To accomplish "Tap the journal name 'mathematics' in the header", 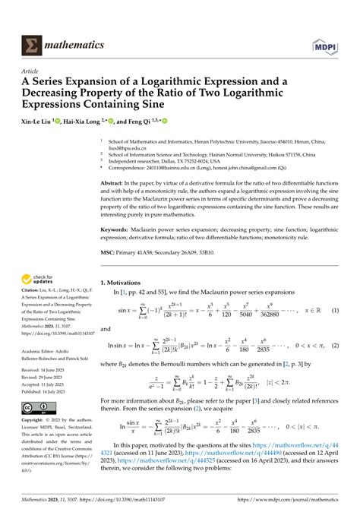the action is click(74, 45).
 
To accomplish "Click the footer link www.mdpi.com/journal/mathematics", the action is click(296, 500).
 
